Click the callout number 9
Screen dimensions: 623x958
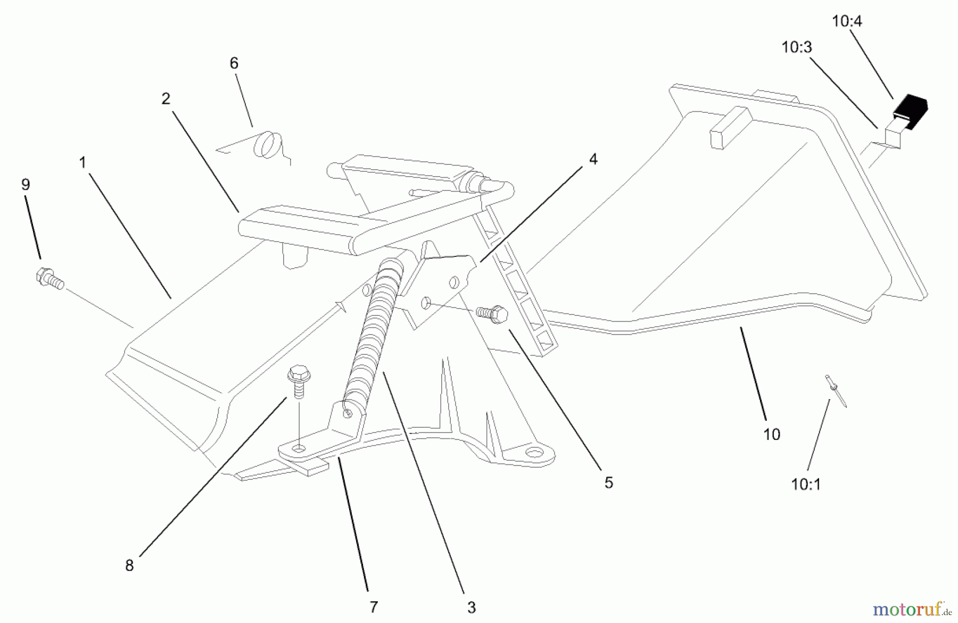click(x=26, y=185)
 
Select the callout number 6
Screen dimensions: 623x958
click(x=234, y=63)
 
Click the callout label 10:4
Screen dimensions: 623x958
click(x=847, y=21)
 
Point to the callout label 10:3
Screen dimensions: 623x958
click(x=797, y=47)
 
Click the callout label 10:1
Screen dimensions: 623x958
click(x=806, y=484)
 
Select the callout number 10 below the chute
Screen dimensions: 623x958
click(x=772, y=434)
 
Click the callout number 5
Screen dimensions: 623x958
click(x=608, y=483)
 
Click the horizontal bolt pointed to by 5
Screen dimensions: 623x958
click(x=492, y=314)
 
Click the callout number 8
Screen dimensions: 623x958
click(x=129, y=566)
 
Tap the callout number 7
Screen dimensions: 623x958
click(x=374, y=607)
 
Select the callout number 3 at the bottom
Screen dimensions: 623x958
click(x=471, y=607)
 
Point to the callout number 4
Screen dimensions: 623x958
click(x=593, y=159)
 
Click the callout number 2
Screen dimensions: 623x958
click(x=166, y=99)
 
